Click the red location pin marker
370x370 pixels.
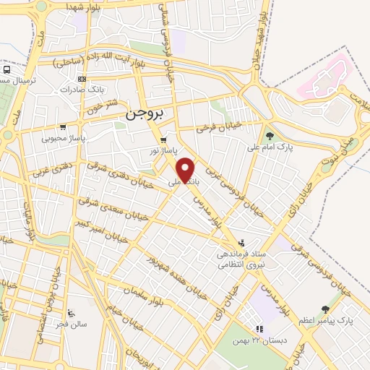[x=187, y=169]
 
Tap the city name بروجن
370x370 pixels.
[x=145, y=114]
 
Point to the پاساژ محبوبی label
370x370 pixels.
[x=64, y=137]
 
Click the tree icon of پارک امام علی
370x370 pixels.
[x=270, y=134]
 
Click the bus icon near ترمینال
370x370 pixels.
[x=7, y=70]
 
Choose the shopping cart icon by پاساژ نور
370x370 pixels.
[x=164, y=140]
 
